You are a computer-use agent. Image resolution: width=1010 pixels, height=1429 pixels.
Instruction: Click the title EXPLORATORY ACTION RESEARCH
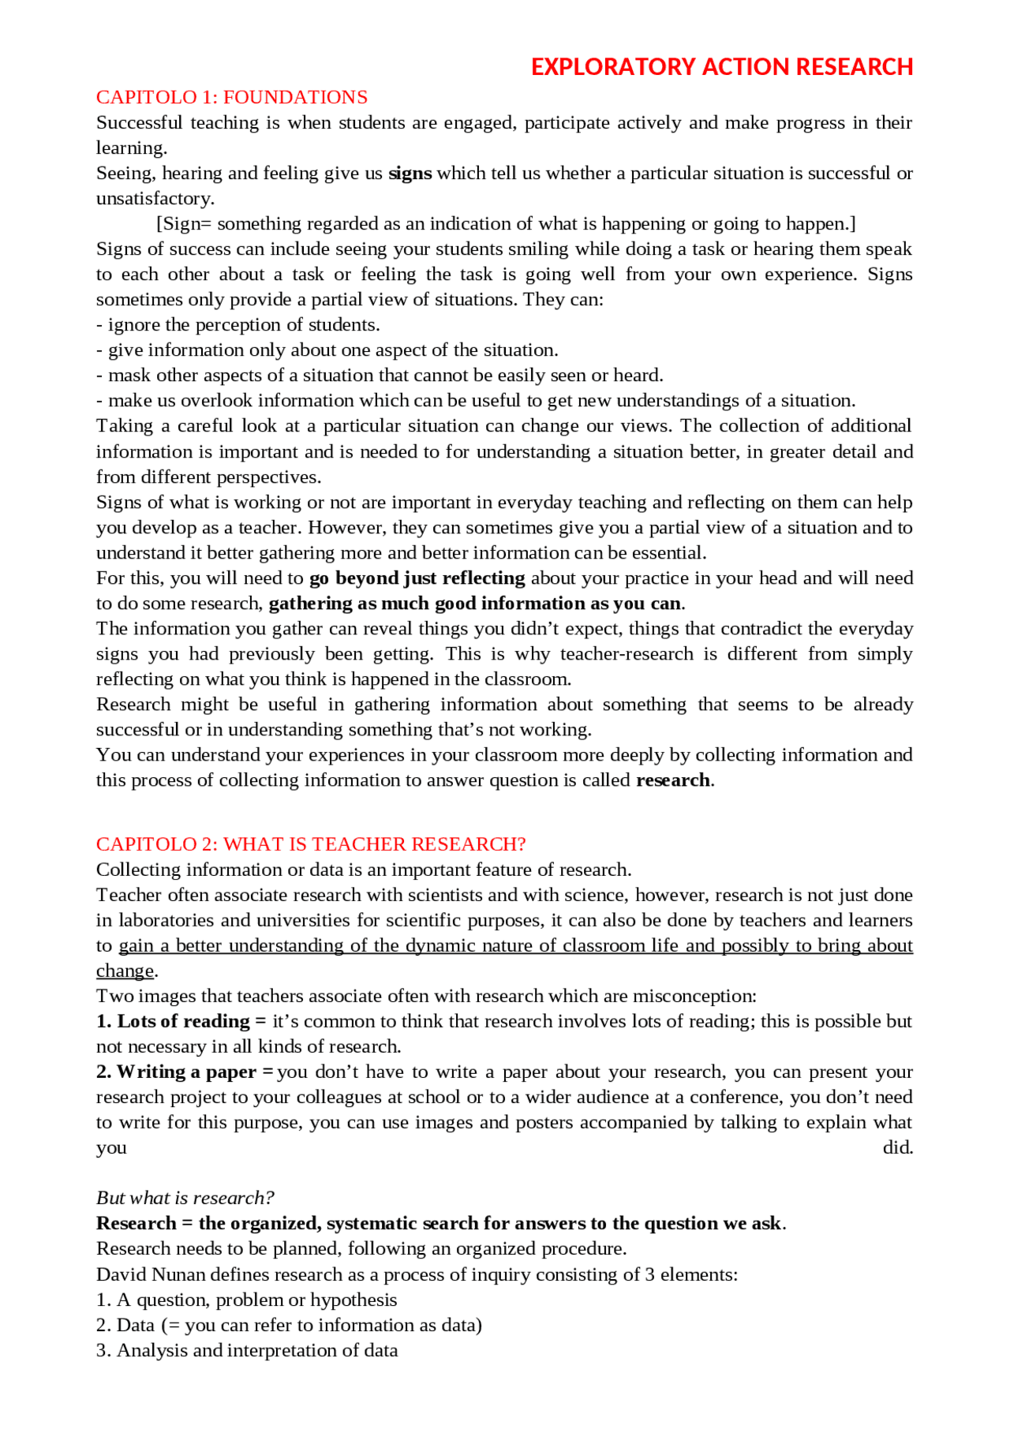tap(721, 67)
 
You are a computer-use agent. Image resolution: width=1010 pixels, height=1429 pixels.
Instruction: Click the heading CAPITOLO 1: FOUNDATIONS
tap(232, 97)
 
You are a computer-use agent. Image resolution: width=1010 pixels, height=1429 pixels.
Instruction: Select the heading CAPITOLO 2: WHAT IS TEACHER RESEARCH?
tap(311, 844)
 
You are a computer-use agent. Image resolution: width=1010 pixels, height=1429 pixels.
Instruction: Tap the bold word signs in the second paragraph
tap(410, 174)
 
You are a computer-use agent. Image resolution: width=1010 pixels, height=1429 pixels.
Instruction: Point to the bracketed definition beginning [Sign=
tap(505, 224)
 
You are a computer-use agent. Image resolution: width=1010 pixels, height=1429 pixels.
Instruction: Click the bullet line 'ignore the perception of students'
tap(238, 325)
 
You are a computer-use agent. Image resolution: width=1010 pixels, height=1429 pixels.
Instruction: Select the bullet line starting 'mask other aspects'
tap(380, 376)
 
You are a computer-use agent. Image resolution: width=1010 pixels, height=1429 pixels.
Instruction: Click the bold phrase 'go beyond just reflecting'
tap(417, 578)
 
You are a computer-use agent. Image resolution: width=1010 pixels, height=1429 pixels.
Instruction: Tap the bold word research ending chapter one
tap(673, 780)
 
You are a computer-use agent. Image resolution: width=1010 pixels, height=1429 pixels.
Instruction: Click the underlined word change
tap(125, 971)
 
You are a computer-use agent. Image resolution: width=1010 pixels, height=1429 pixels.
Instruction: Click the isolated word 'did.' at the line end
tap(897, 1148)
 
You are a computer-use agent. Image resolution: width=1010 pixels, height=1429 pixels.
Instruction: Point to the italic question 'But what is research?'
tap(185, 1199)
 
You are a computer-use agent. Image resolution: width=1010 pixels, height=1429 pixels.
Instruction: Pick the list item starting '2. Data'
tap(289, 1326)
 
